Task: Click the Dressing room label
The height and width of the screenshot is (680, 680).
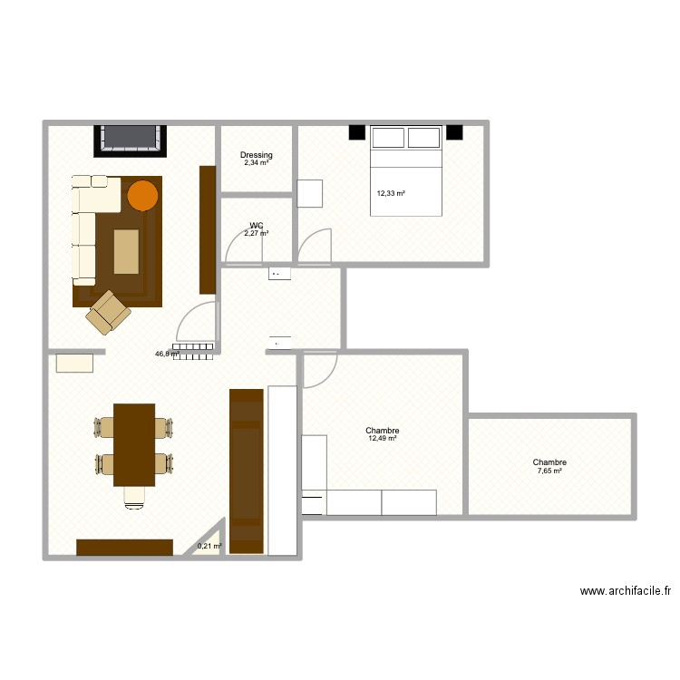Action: [257, 156]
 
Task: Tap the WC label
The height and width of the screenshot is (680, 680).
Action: [257, 226]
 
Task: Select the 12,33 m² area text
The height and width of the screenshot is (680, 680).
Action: [391, 193]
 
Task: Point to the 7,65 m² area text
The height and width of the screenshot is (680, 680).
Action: [549, 471]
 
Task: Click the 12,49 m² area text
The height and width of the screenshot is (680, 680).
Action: [383, 439]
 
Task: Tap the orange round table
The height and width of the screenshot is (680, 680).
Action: [142, 194]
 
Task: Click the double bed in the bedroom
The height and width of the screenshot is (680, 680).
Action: [405, 172]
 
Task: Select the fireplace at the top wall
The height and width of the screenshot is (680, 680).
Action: [132, 139]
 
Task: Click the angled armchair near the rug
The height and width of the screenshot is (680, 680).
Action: [109, 310]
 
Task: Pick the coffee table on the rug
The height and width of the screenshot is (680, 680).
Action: [126, 251]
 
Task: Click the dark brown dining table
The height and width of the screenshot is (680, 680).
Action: [134, 444]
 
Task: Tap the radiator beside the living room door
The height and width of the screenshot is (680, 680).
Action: [193, 350]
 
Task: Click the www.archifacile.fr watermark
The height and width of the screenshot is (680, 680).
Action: [626, 591]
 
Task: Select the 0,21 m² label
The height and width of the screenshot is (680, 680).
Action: [209, 546]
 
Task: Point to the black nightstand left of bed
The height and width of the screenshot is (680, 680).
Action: [356, 133]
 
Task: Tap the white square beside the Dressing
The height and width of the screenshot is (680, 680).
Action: [310, 194]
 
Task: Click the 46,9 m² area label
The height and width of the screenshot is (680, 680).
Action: [166, 355]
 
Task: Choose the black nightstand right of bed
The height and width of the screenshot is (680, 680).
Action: [453, 133]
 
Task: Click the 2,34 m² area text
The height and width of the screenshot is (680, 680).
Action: [257, 164]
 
